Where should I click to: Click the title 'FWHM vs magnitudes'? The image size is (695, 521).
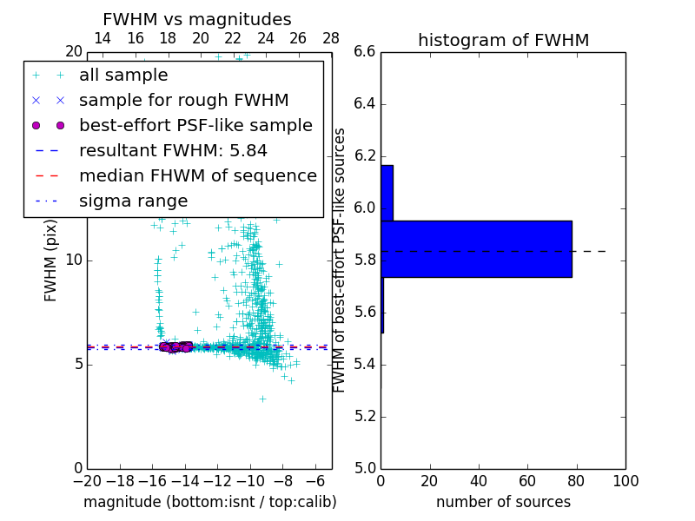point(196,20)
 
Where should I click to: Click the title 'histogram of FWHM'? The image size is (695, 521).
point(503,41)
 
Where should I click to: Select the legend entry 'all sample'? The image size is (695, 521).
point(123,76)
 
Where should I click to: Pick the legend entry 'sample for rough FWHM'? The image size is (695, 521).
point(183,101)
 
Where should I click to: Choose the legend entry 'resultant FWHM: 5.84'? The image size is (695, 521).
point(173,151)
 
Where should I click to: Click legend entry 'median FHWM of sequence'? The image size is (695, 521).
point(197,176)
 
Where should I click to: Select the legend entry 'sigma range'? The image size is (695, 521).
point(133,201)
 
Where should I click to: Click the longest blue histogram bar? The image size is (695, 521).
point(476,249)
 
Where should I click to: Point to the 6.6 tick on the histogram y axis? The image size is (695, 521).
point(365,52)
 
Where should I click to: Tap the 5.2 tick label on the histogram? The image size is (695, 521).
point(365,417)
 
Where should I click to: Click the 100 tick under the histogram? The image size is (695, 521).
point(625,481)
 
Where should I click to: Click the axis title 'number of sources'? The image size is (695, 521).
point(503,503)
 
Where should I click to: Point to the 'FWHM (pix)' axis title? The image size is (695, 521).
point(51,261)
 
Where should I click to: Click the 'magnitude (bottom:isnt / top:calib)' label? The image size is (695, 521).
point(209,503)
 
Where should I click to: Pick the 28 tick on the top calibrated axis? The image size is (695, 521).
point(331,38)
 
